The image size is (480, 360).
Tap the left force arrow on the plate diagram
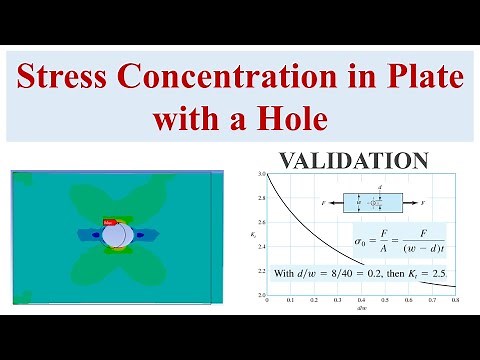click(x=334, y=202)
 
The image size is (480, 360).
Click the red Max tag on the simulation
click(x=110, y=221)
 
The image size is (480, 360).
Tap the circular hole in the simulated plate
click(x=117, y=235)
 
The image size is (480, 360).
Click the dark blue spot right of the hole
click(x=140, y=236)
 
